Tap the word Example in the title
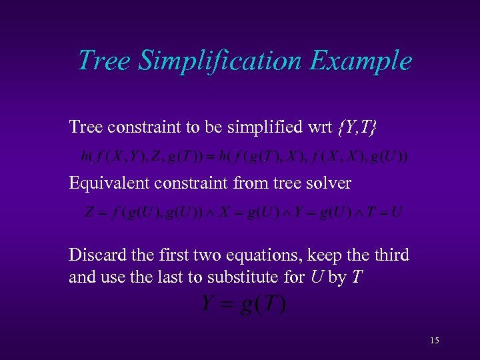coord(361,61)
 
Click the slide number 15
coord(435,341)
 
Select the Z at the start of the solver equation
coord(89,213)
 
